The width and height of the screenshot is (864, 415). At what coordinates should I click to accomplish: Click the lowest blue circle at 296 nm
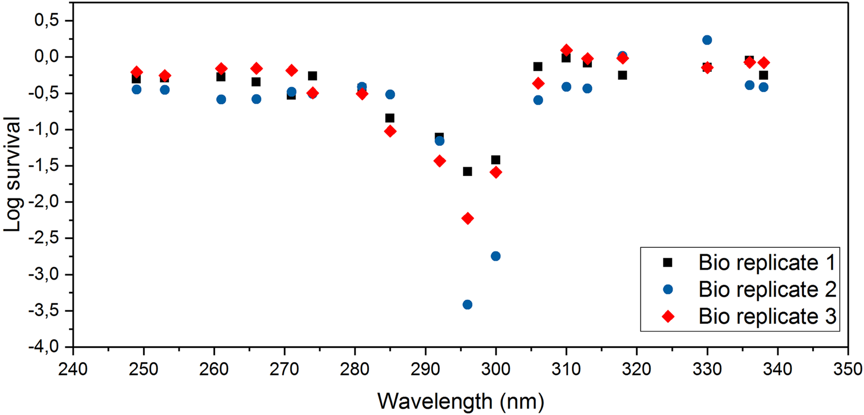tap(468, 304)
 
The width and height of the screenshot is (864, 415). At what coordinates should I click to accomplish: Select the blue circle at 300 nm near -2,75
tap(496, 256)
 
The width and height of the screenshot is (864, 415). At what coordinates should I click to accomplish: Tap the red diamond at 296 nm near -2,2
tap(468, 219)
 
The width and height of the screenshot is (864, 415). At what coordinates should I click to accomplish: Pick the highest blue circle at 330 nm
tap(707, 40)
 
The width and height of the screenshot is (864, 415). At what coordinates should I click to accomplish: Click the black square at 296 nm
tap(468, 171)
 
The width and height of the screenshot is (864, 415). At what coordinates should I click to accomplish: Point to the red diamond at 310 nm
tap(566, 50)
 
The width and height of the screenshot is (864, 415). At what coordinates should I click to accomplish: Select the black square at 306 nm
tap(538, 67)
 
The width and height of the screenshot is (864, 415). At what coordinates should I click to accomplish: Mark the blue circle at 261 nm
tap(221, 99)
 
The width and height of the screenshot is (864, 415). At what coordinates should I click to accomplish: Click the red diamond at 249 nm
tap(137, 72)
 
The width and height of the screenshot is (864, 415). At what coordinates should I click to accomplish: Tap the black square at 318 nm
tap(622, 75)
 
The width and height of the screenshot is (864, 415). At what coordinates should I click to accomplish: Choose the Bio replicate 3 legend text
tap(767, 316)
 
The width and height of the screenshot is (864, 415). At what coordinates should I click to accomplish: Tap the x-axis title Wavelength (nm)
tap(461, 401)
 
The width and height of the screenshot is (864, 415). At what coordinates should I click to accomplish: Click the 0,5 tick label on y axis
tap(47, 20)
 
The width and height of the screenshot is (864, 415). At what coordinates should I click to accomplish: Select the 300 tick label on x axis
tap(495, 369)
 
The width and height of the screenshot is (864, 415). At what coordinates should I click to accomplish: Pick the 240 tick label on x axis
tap(73, 369)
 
